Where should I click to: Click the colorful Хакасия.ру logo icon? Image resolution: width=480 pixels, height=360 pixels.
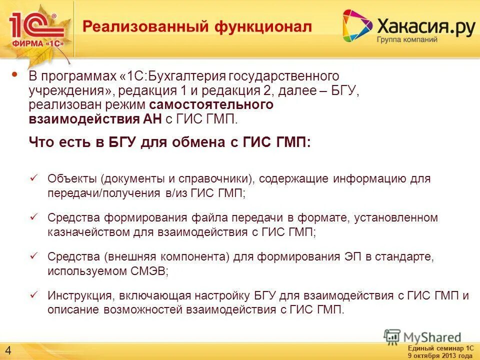357,25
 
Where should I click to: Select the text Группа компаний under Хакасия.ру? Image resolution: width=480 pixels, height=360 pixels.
407,39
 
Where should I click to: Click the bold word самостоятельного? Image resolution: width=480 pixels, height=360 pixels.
210,105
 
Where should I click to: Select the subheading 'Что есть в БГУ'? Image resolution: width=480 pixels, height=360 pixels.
170,142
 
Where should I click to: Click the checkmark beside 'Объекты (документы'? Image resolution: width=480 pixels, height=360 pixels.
34,177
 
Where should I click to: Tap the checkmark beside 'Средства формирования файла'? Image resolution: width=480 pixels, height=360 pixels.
34,216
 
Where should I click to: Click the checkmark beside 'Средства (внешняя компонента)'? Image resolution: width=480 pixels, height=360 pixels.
34,255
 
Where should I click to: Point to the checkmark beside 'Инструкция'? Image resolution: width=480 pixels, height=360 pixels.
34,294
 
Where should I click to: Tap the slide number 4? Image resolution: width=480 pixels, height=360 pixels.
9,349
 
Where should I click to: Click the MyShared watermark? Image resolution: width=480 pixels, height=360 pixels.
422,337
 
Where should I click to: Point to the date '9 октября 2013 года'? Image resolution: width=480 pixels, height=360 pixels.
440,355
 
